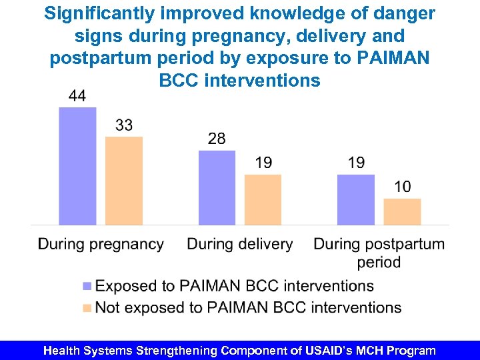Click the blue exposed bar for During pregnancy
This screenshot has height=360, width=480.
[77, 166]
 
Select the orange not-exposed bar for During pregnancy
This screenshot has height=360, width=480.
[124, 181]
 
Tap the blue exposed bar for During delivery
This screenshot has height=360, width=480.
[217, 187]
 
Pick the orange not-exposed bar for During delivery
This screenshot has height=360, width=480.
[263, 199]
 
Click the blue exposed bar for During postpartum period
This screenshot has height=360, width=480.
[355, 199]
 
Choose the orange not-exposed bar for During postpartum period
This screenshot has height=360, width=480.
[402, 211]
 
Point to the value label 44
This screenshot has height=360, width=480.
[77, 96]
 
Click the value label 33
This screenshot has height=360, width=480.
[124, 125]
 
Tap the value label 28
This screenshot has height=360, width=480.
[217, 139]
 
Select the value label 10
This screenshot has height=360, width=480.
[402, 187]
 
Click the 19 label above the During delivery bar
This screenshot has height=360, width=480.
[263, 163]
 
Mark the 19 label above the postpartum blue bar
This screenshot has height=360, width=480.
[356, 163]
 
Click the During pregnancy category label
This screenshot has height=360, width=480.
[101, 244]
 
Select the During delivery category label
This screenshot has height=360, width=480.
[239, 244]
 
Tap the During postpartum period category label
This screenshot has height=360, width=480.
[379, 252]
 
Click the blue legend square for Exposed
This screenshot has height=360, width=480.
[87, 287]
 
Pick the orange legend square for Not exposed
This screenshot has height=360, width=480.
[87, 308]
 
